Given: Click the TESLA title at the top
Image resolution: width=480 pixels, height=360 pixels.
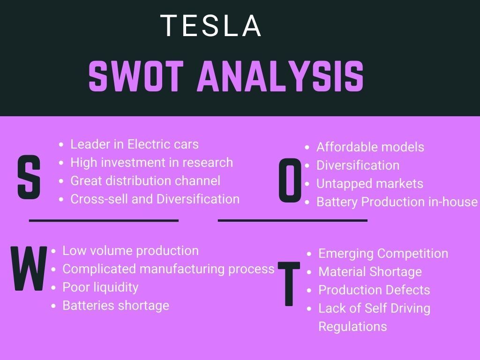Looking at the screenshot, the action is tap(210, 26).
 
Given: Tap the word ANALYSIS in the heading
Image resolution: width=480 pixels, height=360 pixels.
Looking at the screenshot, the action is tap(280, 76).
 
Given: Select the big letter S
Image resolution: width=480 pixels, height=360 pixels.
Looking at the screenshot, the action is tap(29, 177).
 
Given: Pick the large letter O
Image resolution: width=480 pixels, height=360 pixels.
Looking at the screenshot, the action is tap(290, 180).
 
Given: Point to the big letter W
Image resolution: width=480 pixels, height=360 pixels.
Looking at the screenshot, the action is tap(29, 269).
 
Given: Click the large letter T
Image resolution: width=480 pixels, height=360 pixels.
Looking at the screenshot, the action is tap(289, 284).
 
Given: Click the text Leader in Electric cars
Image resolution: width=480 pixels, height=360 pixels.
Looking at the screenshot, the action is tap(135, 144).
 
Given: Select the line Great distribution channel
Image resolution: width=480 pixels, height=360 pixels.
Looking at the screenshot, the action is tap(145, 181).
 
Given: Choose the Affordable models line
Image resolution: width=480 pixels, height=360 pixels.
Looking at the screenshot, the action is tap(370, 147).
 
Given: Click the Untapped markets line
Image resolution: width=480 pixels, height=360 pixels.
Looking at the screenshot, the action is tap(370, 184).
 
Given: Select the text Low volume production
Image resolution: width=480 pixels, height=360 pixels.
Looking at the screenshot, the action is tap(130, 251).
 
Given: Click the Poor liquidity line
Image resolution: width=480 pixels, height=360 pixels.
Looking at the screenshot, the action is tap(100, 287).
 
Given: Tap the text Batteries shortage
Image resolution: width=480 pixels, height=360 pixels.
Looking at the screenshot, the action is tap(116, 306).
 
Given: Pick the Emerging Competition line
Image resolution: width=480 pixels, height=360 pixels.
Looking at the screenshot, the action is tap(383, 254).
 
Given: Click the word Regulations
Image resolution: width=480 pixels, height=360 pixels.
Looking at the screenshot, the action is tap(352, 327).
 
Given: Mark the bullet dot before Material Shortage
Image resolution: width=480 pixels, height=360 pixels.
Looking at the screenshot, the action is tap(309, 272).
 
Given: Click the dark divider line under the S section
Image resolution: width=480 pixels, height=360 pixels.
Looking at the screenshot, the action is tap(104, 220).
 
